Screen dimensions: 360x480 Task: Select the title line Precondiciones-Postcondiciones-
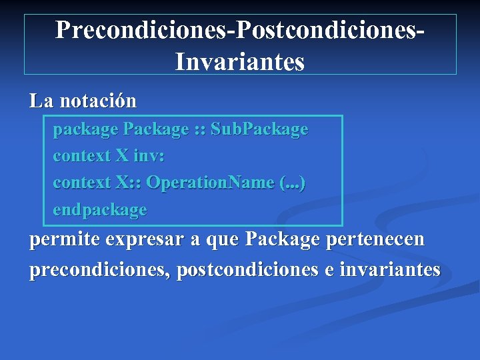[240, 29]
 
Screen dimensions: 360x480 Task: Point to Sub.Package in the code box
[259, 129]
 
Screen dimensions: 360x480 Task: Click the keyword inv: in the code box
[149, 156]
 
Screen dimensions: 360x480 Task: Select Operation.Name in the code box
[210, 183]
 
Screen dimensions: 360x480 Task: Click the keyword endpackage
[99, 210]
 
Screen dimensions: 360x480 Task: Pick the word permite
[62, 239]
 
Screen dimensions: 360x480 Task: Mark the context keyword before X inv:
[81, 156]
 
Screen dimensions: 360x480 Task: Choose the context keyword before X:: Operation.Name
[81, 183]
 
